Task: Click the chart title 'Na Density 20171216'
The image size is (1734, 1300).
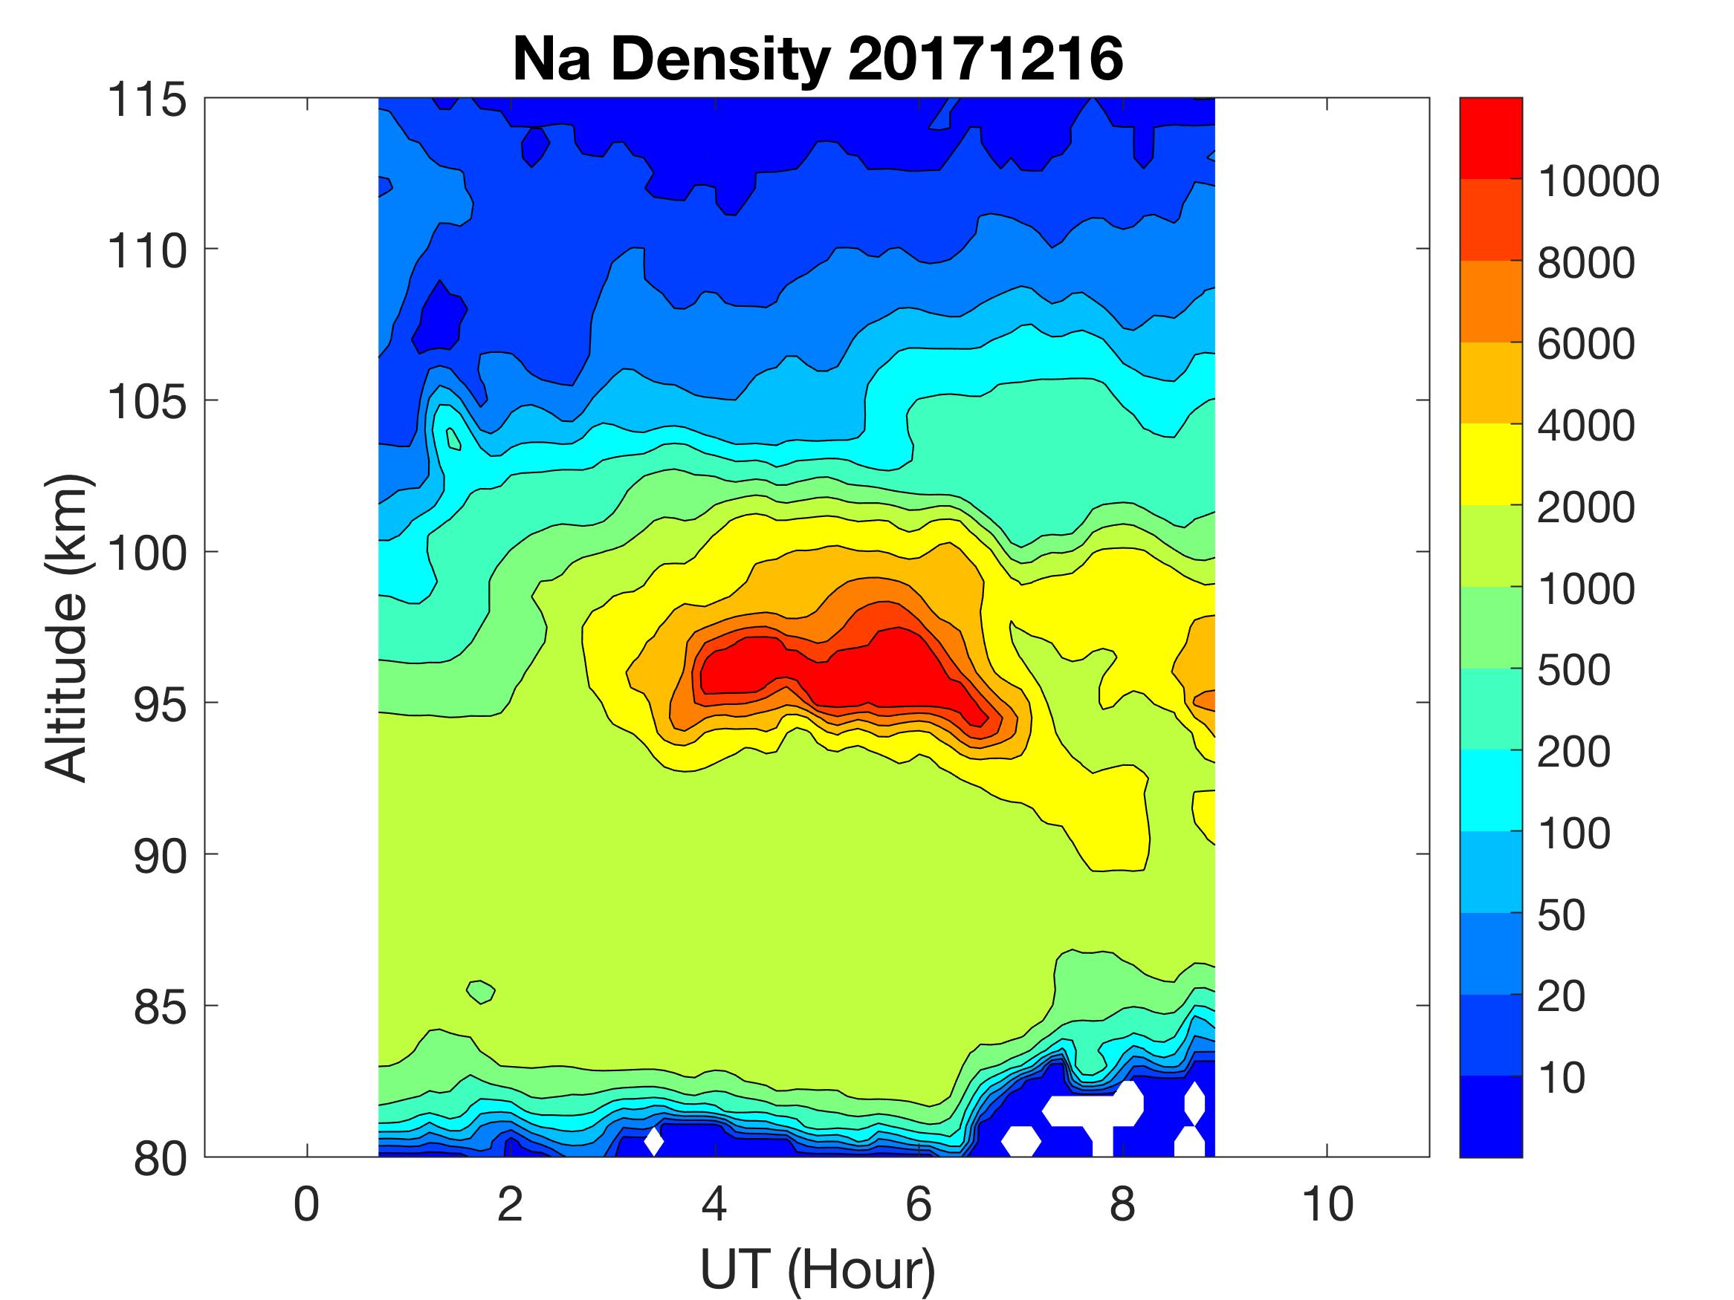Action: coord(818,59)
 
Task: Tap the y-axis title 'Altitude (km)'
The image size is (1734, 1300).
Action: coord(66,627)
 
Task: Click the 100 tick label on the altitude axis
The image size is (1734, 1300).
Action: coord(147,553)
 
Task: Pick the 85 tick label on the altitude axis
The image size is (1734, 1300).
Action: coord(160,1007)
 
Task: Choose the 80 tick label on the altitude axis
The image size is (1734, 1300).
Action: coord(160,1158)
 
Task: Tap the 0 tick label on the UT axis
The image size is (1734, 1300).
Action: coord(306,1203)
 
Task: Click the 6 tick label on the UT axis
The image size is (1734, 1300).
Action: coord(919,1203)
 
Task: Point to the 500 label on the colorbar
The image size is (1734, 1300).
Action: coord(1573,670)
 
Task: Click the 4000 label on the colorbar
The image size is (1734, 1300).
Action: coord(1586,426)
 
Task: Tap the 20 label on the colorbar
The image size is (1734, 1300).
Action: coord(1561,996)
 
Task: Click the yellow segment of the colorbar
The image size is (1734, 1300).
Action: coord(1490,464)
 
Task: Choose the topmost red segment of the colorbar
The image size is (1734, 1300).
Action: coord(1490,138)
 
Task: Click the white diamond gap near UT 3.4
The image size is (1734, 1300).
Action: coord(654,1141)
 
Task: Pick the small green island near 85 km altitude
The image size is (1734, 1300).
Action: coord(481,991)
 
